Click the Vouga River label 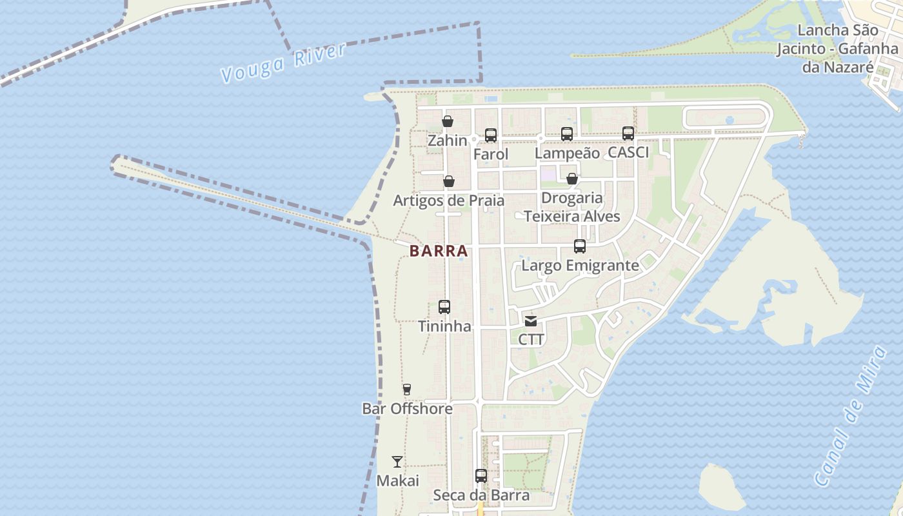click(283, 63)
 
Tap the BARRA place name click(439, 251)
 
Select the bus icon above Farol click(491, 135)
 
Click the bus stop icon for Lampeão click(567, 134)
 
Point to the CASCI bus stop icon click(628, 134)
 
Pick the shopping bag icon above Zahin click(448, 121)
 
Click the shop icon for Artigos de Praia click(449, 181)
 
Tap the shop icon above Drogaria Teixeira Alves click(572, 179)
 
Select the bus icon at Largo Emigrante click(580, 246)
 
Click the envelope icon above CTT click(531, 321)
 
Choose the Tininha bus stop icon click(444, 307)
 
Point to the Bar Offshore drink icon click(407, 390)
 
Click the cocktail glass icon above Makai click(397, 462)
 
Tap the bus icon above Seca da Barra click(481, 476)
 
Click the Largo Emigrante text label click(580, 266)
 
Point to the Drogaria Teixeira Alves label click(572, 207)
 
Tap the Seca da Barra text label click(481, 495)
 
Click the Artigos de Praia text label click(449, 201)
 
